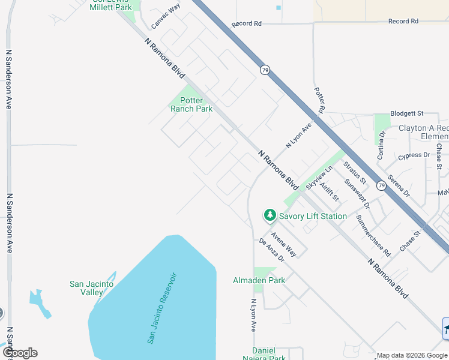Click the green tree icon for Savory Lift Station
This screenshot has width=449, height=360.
coord(270,215)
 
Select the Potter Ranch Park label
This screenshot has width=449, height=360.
coord(191,105)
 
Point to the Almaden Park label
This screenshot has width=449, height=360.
coord(259,280)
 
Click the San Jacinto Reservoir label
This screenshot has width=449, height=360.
coord(163,308)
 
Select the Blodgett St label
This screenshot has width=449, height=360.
coord(407,113)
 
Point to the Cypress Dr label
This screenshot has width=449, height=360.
coord(414,156)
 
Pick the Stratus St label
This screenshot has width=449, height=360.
coord(355,172)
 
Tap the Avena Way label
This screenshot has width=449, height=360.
coord(283,243)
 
